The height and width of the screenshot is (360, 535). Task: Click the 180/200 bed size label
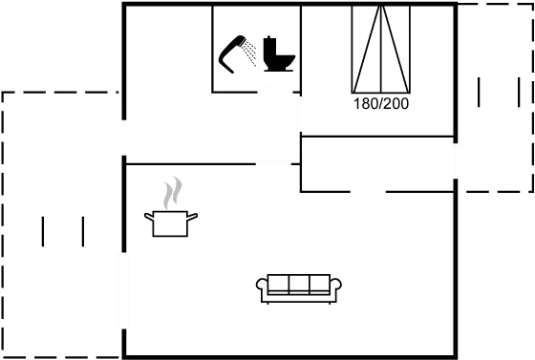pyautogui.click(x=380, y=104)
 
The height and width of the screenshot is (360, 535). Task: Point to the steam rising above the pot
pyautogui.click(x=172, y=193)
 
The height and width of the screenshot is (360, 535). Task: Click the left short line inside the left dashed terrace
pyautogui.click(x=45, y=232)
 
